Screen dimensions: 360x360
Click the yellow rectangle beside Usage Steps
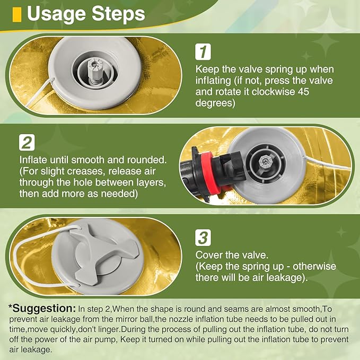pos(17,15)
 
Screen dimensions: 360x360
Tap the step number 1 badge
pos(203,52)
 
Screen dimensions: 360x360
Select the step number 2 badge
pos(27,143)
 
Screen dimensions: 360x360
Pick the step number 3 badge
pos(203,238)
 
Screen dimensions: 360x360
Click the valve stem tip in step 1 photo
pos(94,64)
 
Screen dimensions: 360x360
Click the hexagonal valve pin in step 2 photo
pos(266,161)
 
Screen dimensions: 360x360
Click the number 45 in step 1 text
pos(303,92)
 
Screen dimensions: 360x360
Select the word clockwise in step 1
pos(273,92)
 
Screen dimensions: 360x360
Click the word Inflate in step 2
pos(33,160)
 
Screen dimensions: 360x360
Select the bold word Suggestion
pos(42,309)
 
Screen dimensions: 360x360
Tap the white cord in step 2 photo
pos(327,163)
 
